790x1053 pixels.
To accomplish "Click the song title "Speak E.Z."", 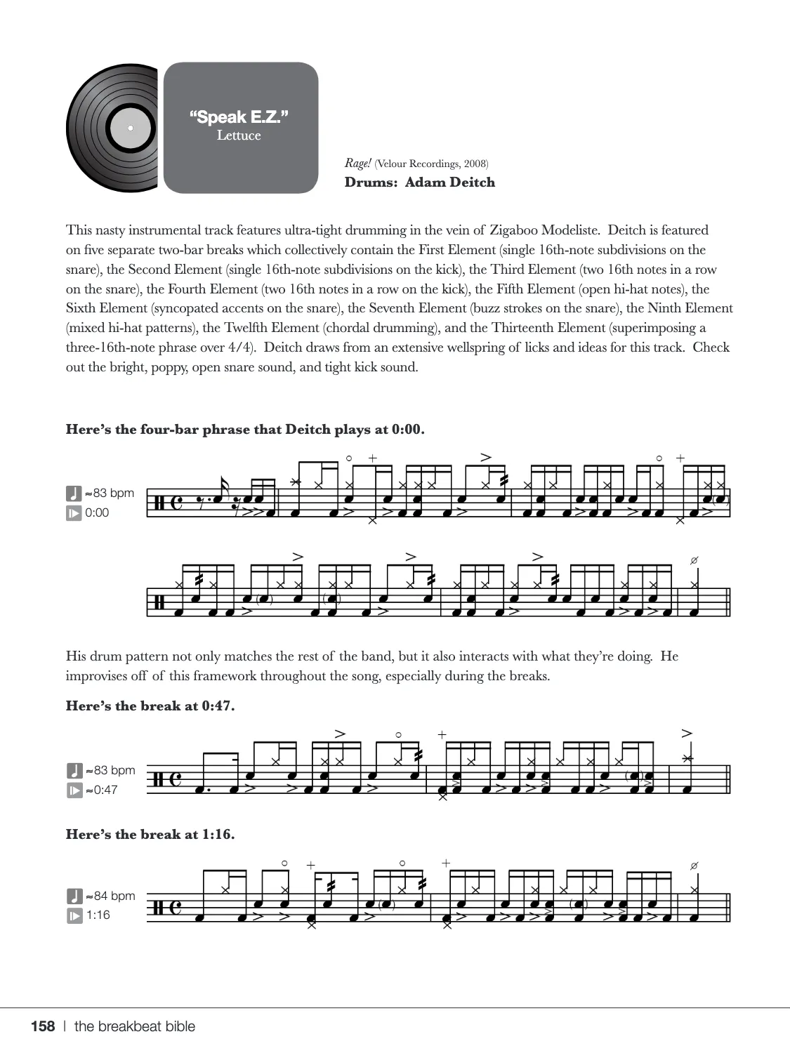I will click(x=239, y=117).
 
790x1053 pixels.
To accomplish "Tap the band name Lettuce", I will click(x=239, y=135).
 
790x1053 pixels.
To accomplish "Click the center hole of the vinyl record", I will click(x=130, y=128).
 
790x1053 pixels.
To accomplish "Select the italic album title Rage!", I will click(x=357, y=164).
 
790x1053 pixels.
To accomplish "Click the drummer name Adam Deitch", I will click(x=449, y=183).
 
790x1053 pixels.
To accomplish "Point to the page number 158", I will click(x=43, y=1026).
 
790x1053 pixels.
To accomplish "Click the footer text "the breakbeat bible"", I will click(x=135, y=1026).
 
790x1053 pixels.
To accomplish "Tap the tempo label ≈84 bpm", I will click(x=110, y=896).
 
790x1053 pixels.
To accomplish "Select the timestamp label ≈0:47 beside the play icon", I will click(x=101, y=790).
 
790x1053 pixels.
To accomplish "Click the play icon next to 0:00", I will click(x=74, y=513).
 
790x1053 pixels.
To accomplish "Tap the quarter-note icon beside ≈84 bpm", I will click(x=74, y=896).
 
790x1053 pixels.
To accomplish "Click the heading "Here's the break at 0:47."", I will click(x=150, y=706).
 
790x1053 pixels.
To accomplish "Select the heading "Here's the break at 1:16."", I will click(x=150, y=835).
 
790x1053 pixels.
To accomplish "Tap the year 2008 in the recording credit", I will click(x=475, y=164).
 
